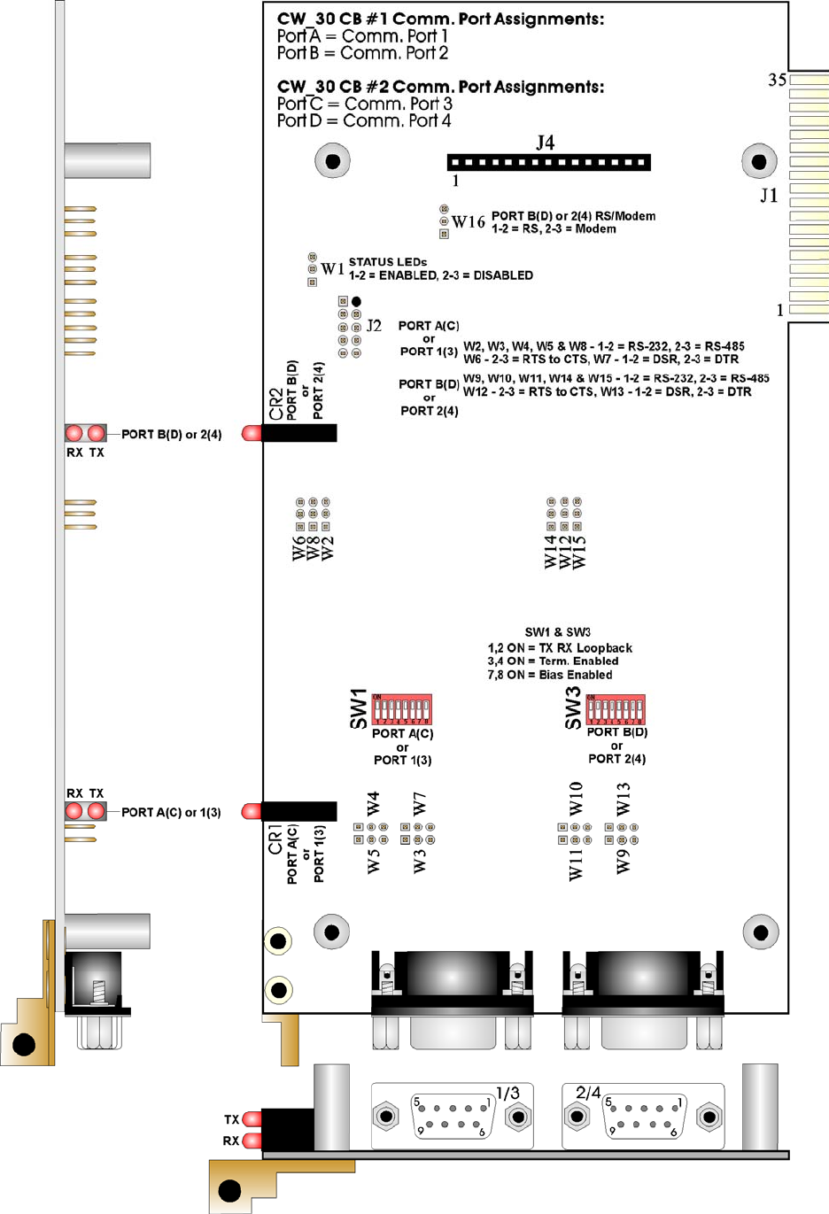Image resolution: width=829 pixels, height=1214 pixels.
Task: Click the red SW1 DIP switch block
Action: coord(402,710)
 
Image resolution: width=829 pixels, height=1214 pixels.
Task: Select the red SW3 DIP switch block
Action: coord(616,709)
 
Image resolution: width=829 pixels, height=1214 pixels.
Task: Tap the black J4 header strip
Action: coord(549,162)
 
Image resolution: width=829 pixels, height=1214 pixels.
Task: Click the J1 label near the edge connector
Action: coord(769,195)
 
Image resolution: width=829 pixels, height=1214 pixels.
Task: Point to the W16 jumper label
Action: coord(469,222)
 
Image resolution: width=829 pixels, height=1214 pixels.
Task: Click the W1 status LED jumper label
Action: coord(332,269)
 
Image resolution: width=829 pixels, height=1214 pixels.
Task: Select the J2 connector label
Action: coord(374,326)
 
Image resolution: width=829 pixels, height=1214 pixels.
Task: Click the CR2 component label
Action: coord(275,403)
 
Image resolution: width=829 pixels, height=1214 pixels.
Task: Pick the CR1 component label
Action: coord(275,839)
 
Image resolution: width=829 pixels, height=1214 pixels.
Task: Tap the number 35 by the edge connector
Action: coord(777,81)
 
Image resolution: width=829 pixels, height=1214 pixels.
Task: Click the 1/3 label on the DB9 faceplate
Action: coord(507,1093)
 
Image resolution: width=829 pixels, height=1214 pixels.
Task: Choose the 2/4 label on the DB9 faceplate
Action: coord(588,1093)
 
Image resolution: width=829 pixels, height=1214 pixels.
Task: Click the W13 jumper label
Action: coord(624,799)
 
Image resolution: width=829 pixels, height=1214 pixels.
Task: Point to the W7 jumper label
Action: coord(420,803)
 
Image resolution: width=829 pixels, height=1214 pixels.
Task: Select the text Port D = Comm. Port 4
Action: coord(363,120)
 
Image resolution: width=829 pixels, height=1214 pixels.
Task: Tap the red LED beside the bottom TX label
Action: coord(252,1119)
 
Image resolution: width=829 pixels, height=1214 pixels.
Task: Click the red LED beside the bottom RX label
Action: coord(252,1141)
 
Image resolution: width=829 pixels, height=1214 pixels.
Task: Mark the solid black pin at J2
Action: coord(356,302)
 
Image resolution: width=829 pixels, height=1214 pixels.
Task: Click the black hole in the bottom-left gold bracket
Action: coord(229,1190)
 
